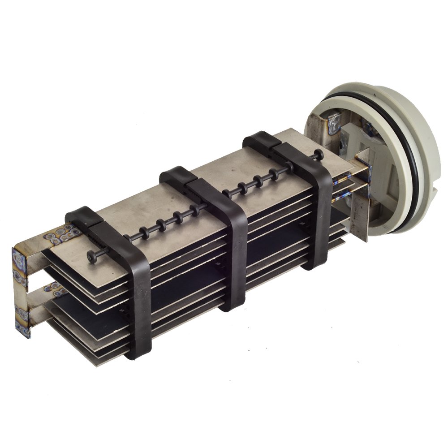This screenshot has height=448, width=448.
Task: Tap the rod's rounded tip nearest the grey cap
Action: point(321,155)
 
